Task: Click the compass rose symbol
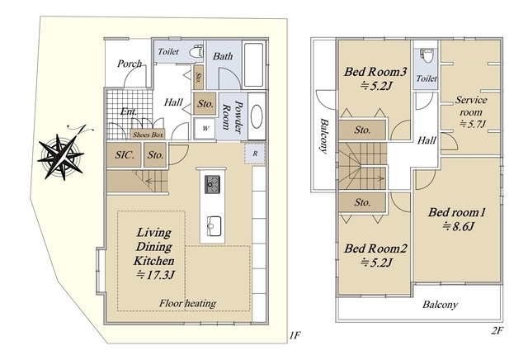(61, 156)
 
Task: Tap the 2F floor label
(497, 330)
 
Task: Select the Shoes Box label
(148, 135)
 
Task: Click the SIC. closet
(124, 154)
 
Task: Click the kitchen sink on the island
(214, 224)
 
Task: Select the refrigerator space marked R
(255, 154)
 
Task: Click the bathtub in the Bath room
(253, 64)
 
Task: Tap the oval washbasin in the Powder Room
(257, 116)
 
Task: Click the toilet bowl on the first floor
(196, 52)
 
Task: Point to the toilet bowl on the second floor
(427, 56)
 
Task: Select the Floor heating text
(187, 303)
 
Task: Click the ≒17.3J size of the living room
(155, 276)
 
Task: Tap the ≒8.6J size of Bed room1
(459, 226)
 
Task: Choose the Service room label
(471, 106)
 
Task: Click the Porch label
(130, 64)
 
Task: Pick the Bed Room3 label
(375, 72)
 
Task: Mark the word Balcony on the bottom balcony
(440, 305)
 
